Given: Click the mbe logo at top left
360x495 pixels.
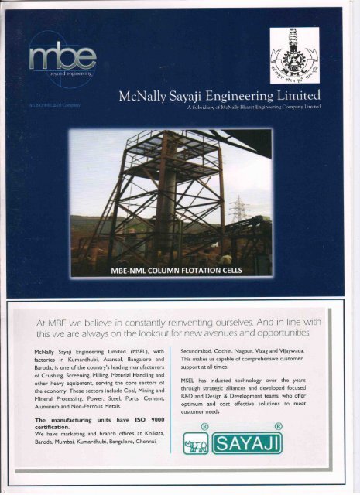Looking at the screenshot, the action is click(62, 58).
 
